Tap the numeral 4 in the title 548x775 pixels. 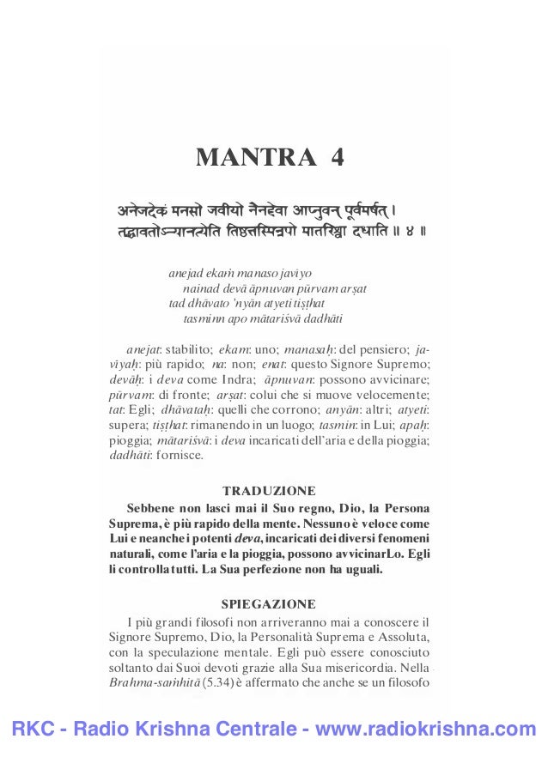point(335,159)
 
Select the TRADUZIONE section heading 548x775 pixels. point(269,491)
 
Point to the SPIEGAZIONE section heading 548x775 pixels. point(269,602)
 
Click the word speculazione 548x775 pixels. point(179,651)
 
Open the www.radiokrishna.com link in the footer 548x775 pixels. point(426,730)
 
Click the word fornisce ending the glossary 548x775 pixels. point(175,454)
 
